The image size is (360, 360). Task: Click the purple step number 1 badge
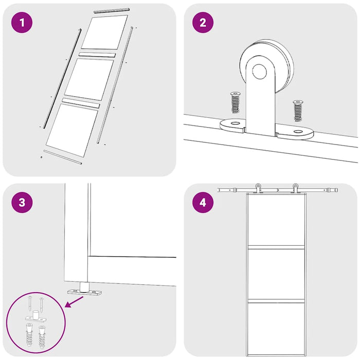click(x=22, y=23)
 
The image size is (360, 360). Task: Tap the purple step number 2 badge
click(x=203, y=23)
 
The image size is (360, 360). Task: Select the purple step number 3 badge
click(x=22, y=202)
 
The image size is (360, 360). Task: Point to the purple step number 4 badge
click(x=203, y=202)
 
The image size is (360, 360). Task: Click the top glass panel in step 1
click(x=104, y=32)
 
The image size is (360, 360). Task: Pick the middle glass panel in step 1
click(x=88, y=79)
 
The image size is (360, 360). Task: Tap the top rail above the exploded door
click(x=112, y=10)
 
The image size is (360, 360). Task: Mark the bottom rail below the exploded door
click(x=62, y=157)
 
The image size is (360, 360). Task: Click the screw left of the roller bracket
click(x=236, y=102)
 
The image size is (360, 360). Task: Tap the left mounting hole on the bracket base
click(x=235, y=124)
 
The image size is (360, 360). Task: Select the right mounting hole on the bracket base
click(x=298, y=132)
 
